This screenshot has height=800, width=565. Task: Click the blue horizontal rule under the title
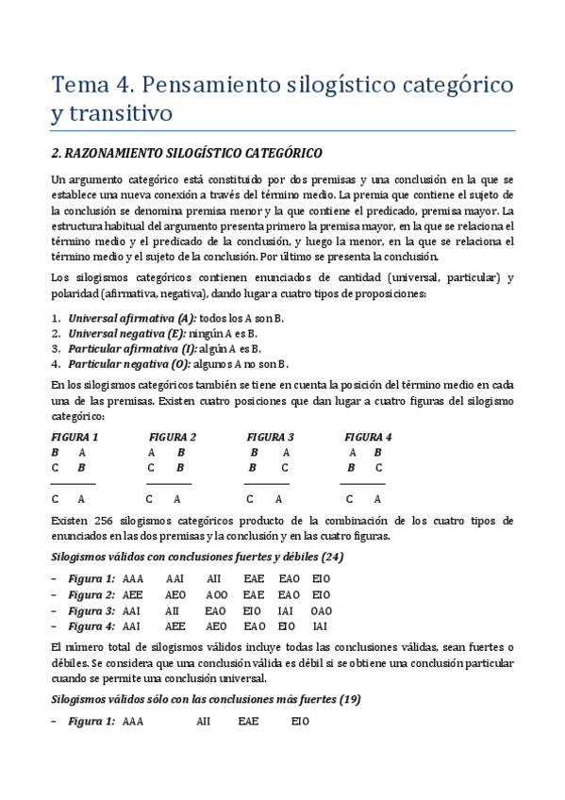click(282, 130)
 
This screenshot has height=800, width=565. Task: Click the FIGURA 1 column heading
click(75, 437)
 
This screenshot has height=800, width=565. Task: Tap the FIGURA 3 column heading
click(271, 437)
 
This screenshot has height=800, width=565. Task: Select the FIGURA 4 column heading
click(368, 437)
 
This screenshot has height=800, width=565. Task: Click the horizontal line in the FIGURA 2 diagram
click(169, 483)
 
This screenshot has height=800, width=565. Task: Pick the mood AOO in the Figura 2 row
click(215, 594)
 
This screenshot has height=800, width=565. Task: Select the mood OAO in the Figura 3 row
click(322, 610)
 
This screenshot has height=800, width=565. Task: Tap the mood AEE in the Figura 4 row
click(176, 626)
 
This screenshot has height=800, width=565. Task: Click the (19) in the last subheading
click(348, 699)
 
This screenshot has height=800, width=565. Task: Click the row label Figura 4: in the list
click(91, 626)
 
